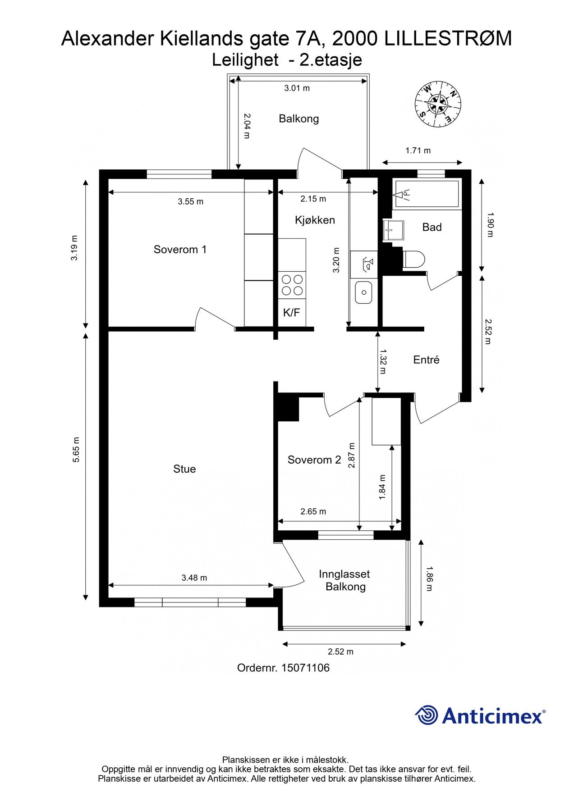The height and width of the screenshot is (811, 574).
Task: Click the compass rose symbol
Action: (x=438, y=105)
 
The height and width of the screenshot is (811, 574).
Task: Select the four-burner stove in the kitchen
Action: (x=292, y=285)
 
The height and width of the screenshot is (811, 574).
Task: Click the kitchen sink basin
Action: (x=363, y=292)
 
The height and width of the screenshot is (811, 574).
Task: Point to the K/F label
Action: (x=291, y=313)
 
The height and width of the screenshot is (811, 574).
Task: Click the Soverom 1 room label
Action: (x=180, y=249)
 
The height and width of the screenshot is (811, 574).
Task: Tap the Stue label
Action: (x=184, y=469)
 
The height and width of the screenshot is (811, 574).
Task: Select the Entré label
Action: (x=426, y=360)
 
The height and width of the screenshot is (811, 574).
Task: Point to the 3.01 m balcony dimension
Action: (x=297, y=88)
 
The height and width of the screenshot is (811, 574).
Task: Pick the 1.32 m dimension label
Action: (x=383, y=361)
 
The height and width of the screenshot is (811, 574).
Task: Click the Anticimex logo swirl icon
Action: (x=426, y=715)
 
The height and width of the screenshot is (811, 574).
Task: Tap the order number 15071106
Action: (x=305, y=668)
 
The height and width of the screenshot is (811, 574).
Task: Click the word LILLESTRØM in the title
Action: (x=448, y=39)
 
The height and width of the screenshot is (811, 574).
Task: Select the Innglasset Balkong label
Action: (x=345, y=580)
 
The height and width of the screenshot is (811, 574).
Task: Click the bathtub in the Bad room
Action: (x=427, y=194)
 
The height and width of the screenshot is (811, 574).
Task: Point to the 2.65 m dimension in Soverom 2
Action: (x=313, y=511)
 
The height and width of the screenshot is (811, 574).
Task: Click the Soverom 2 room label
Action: (x=314, y=460)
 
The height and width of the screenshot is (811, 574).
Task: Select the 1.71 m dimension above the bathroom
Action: (x=418, y=150)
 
